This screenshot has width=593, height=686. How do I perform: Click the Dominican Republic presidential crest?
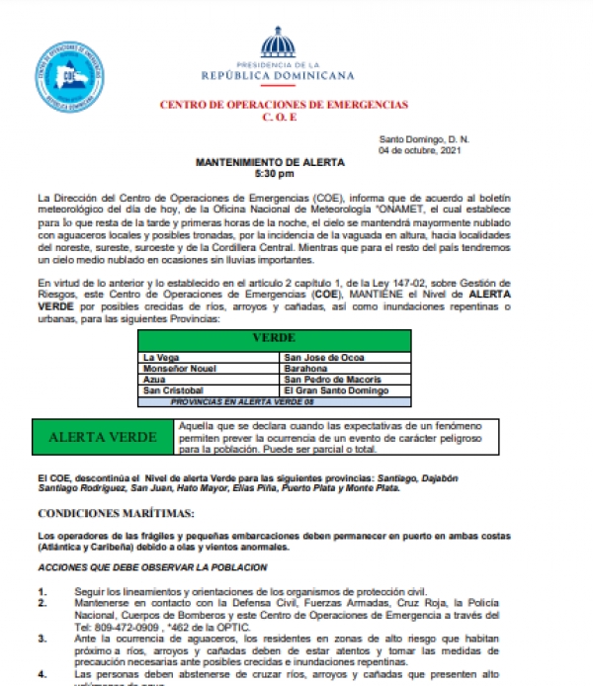pyautogui.click(x=277, y=43)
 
